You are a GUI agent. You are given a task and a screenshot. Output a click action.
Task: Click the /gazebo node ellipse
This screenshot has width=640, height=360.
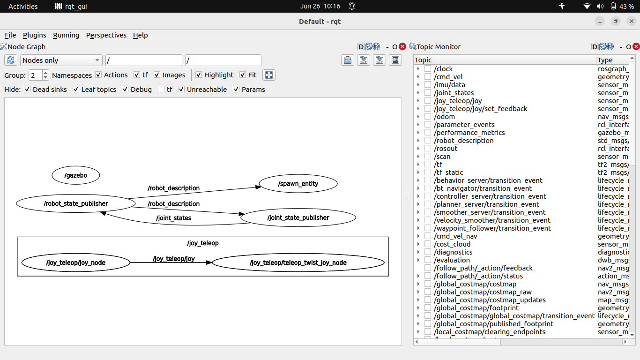tap(75, 175)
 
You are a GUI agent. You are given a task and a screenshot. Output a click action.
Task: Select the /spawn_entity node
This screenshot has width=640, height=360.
tap(298, 184)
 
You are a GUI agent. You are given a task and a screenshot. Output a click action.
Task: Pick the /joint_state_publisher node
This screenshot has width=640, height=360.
tap(298, 217)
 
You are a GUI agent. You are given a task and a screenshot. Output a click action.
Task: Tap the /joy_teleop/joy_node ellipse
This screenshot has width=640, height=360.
tap(75, 262)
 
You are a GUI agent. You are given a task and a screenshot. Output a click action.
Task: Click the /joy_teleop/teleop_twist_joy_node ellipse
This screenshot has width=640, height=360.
tap(298, 262)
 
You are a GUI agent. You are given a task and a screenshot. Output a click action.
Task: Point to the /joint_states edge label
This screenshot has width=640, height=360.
tap(173, 218)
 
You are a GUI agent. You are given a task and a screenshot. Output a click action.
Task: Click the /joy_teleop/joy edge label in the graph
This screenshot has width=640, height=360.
tap(173, 258)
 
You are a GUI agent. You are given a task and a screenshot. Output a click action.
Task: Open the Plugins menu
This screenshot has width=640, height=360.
tap(34, 35)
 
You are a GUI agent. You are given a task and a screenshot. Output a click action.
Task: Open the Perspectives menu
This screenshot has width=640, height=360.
tap(106, 35)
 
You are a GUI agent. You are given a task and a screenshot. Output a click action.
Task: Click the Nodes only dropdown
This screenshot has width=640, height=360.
tap(61, 60)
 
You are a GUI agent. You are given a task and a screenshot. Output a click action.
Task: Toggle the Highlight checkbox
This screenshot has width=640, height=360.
tap(199, 75)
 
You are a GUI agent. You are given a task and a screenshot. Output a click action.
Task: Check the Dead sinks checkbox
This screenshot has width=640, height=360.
tap(27, 90)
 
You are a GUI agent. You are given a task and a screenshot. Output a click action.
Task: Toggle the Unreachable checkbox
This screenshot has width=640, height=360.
tap(181, 90)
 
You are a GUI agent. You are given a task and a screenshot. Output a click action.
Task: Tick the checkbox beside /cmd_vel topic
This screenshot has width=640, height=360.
tap(428, 77)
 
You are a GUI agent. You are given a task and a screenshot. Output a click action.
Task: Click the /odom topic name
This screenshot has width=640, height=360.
tap(444, 117)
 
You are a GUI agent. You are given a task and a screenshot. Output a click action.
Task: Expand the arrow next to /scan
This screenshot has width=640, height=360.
tap(418, 157)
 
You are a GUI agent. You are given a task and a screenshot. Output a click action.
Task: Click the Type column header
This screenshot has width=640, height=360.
tap(605, 60)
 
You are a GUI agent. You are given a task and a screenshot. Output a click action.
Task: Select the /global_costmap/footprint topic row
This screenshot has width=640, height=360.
tap(476, 308)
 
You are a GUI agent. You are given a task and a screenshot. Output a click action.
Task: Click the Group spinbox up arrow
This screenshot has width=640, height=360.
tap(45, 73)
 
